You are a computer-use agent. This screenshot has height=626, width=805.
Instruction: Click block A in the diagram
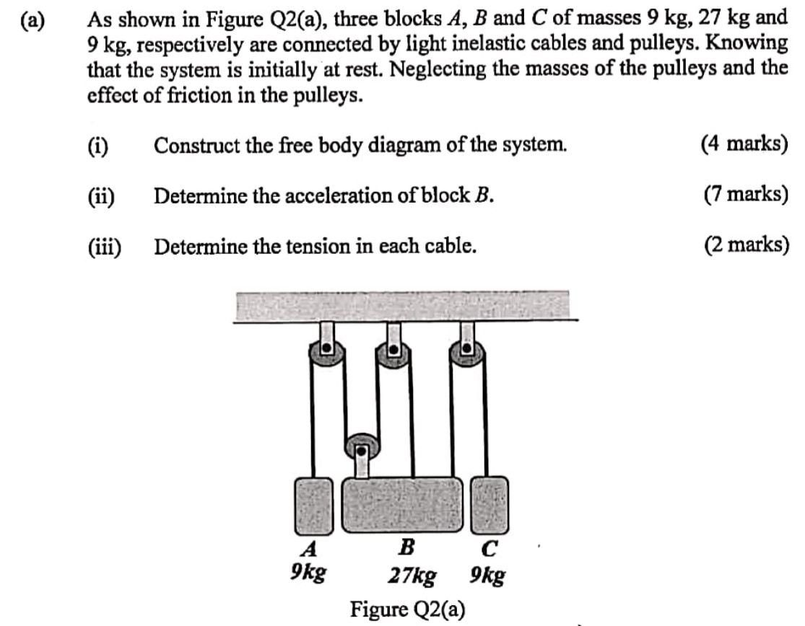pyautogui.click(x=313, y=506)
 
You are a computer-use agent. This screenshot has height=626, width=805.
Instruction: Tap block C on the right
pyautogui.click(x=489, y=506)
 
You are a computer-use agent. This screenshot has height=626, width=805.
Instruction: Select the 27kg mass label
pyautogui.click(x=412, y=576)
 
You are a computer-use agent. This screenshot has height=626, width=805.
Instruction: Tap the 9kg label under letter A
pyautogui.click(x=308, y=574)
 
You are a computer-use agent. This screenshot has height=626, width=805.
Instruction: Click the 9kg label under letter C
pyautogui.click(x=487, y=576)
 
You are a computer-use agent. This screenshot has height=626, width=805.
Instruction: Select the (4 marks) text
pyautogui.click(x=744, y=144)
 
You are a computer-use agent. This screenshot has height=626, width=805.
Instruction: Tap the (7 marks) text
pyautogui.click(x=744, y=195)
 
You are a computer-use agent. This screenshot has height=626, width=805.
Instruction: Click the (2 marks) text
pyautogui.click(x=744, y=246)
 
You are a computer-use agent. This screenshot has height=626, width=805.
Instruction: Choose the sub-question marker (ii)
pyautogui.click(x=102, y=195)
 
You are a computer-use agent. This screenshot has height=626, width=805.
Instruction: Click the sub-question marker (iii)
pyautogui.click(x=105, y=247)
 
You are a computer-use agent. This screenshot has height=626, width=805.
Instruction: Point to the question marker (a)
pyautogui.click(x=32, y=20)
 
